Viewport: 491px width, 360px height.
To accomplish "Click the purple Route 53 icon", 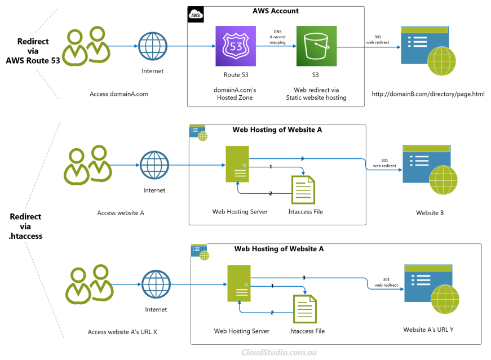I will click(x=231, y=46).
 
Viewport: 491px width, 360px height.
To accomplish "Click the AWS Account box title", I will click(x=275, y=11).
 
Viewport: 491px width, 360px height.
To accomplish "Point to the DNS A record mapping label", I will click(x=277, y=37).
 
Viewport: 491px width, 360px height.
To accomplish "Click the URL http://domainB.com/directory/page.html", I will click(x=428, y=94).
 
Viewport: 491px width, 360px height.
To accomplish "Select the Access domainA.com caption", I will click(x=119, y=94).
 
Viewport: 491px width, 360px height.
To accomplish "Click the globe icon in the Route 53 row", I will click(x=153, y=46).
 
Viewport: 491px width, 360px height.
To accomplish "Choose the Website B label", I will click(x=430, y=212).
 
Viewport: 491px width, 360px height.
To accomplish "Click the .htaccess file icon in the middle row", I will click(x=302, y=190).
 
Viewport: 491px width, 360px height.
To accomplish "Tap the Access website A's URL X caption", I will click(x=122, y=332).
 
